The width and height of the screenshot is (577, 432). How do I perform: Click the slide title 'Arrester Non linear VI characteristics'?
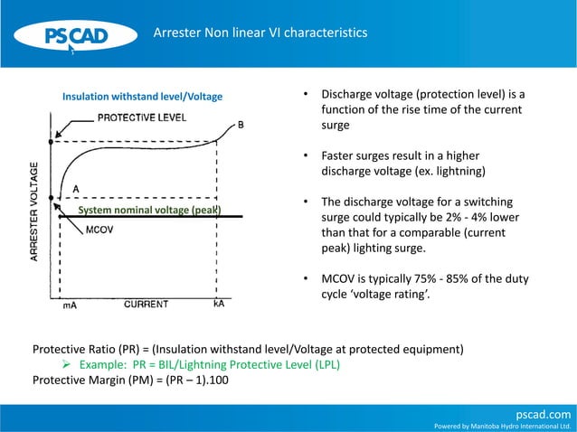260,33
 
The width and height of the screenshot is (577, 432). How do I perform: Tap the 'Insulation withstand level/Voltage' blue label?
142,96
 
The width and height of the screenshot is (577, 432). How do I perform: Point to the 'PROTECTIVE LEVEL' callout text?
142,117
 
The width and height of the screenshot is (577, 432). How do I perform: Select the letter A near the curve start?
76,188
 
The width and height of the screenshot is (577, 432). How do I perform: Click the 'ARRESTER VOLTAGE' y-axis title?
34,213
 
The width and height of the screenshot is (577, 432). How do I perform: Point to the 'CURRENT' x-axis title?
146,305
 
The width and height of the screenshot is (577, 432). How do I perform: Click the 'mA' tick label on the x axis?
70,305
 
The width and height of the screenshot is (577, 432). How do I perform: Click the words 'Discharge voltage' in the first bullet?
366,95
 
